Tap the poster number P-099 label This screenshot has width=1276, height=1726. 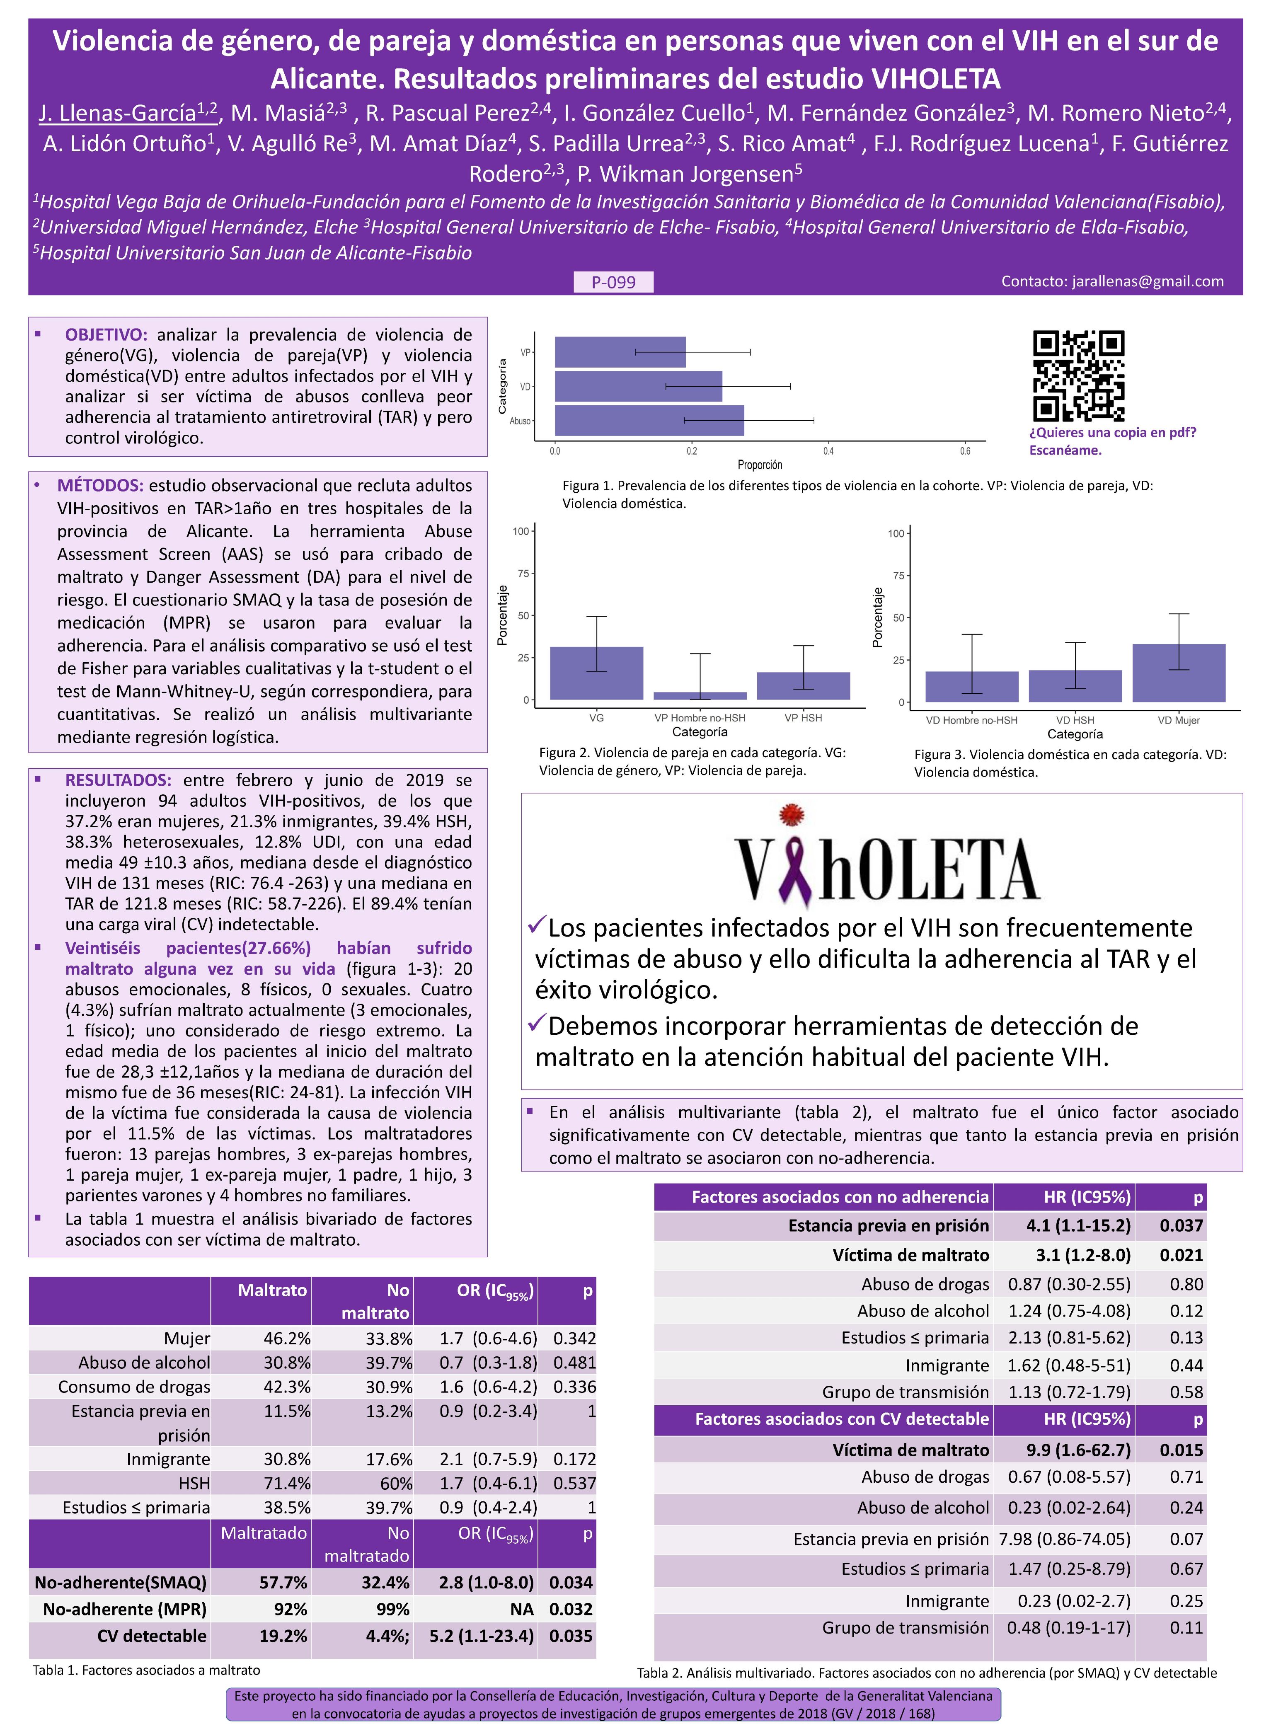[x=613, y=283]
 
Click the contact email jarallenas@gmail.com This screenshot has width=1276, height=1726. [x=1112, y=281]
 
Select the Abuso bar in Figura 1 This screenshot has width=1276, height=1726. [x=649, y=421]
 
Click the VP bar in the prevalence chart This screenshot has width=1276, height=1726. [x=620, y=352]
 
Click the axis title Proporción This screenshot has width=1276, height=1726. [x=760, y=465]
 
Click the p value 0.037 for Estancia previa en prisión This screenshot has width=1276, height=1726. [x=1181, y=1225]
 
